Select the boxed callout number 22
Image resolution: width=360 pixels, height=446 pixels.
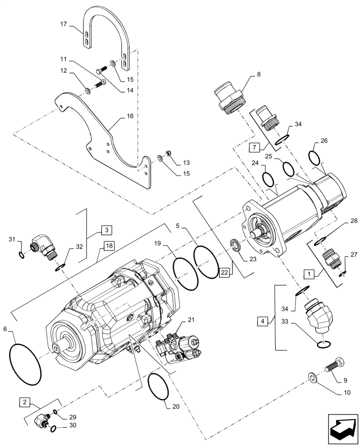[x=224, y=272]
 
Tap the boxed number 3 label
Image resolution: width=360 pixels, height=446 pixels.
[x=106, y=230]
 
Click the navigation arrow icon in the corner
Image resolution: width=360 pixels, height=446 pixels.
[x=343, y=429]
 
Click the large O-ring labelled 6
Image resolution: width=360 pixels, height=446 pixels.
[x=25, y=359]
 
